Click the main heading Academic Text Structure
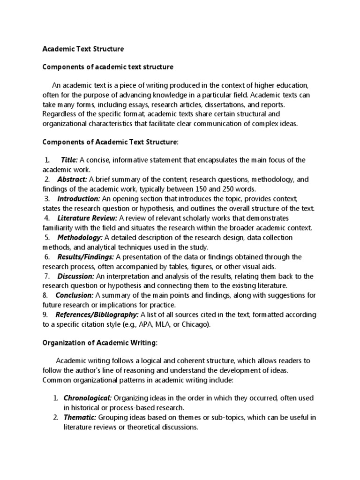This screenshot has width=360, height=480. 83,49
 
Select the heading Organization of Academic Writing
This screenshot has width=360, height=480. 100,343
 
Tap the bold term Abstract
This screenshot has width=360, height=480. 72,180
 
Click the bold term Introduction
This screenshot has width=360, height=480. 78,199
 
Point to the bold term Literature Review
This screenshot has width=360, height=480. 87,218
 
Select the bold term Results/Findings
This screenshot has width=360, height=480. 85,257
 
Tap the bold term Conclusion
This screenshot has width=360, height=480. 75,295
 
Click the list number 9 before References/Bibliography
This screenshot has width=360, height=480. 45,315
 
